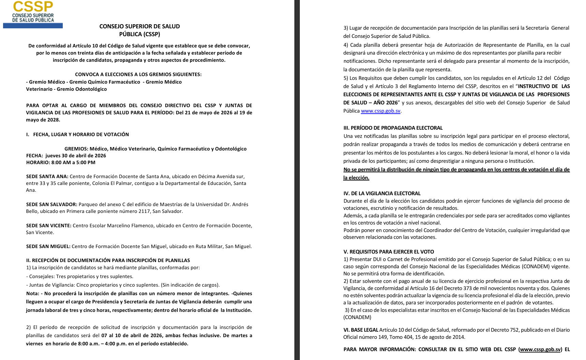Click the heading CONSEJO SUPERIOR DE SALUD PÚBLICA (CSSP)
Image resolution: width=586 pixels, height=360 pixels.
pyautogui.click(x=140, y=30)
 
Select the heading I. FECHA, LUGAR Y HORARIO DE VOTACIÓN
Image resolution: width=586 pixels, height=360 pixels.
pyautogui.click(x=77, y=134)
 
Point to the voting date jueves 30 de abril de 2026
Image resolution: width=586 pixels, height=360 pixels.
pyautogui.click(x=76, y=156)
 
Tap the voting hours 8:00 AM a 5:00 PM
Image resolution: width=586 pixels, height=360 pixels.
pyautogui.click(x=73, y=162)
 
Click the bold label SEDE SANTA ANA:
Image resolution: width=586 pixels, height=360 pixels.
pyautogui.click(x=47, y=176)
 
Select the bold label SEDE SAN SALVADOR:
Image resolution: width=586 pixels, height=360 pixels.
pyautogui.click(x=52, y=204)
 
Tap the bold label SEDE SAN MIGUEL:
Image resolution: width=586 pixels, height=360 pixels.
pyautogui.click(x=48, y=246)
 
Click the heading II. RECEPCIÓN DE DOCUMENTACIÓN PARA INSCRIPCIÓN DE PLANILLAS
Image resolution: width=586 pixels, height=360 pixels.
pyautogui.click(x=108, y=260)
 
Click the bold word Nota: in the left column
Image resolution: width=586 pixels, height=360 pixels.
pyautogui.click(x=32, y=293)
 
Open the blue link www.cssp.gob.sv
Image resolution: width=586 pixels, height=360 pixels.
pyautogui.click(x=380, y=111)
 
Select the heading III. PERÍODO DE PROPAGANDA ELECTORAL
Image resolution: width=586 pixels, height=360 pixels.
pyautogui.click(x=393, y=128)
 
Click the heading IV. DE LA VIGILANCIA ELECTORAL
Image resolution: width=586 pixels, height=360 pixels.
pyautogui.click(x=382, y=193)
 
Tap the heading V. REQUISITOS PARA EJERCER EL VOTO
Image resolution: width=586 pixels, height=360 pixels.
pyautogui.click(x=389, y=252)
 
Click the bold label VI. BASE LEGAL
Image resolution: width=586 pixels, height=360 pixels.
pyautogui.click(x=361, y=330)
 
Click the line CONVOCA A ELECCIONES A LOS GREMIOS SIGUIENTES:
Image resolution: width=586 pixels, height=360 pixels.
pyautogui.click(x=138, y=74)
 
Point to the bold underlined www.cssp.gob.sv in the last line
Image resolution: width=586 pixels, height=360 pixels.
pyautogui.click(x=540, y=349)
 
